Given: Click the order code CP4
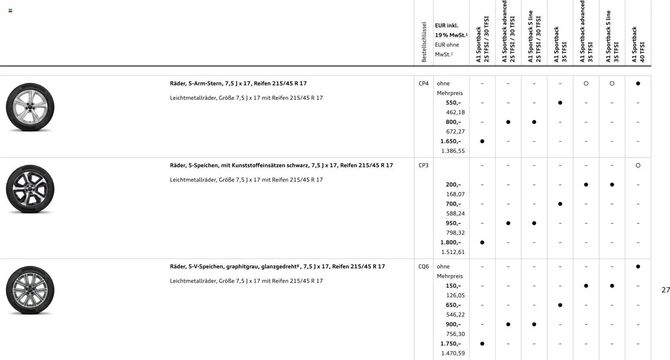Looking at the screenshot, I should pos(423,83).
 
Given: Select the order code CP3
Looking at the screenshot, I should pos(423,166).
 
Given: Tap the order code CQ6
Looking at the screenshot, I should pos(423,267).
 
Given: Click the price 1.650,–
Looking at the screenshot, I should pos(450,141).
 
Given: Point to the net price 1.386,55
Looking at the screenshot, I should pos(453,151).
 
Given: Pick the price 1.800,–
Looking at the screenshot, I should pos(450,242).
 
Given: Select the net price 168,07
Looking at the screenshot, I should pos(455,194).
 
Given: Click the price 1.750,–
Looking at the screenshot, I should pos(450,344).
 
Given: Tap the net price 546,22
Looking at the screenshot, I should pos(455,315).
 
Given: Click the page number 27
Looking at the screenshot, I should pos(665,290).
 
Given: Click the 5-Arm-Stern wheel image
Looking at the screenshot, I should pos(30,107).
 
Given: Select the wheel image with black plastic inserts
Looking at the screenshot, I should pos(30,189).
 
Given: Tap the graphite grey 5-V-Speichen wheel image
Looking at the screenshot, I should pos(30,290).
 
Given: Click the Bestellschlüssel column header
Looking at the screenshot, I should pos(424,42).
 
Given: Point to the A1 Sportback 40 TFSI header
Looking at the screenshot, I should pos(638,45).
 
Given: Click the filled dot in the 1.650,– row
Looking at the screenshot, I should pos(482,141).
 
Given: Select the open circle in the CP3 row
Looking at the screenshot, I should pos(638,166).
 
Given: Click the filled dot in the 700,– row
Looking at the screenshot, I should pos(560,204).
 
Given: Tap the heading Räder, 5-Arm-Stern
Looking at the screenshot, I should pos(238,83).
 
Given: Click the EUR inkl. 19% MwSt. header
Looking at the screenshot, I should pos(451,30).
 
